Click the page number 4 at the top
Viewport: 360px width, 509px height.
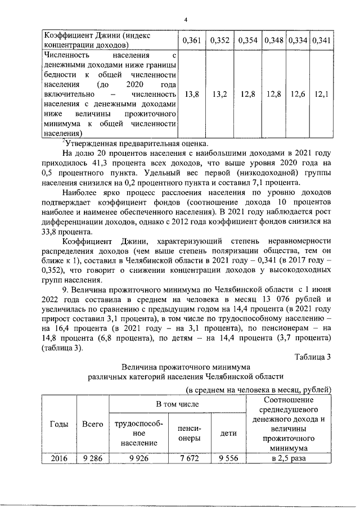tap(185, 20)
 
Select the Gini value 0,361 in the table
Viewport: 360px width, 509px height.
tap(192, 40)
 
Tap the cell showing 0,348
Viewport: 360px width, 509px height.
tap(274, 40)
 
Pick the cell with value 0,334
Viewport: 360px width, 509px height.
tap(298, 40)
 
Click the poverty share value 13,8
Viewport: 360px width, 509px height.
tap(192, 94)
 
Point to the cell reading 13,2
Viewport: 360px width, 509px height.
tap(219, 94)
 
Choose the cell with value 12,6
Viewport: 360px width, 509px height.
tap(298, 94)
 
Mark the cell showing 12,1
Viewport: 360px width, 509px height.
tap(321, 94)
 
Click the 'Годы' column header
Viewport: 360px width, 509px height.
tap(60, 424)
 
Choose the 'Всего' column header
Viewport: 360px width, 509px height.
tap(92, 424)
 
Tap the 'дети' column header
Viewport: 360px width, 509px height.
tap(228, 434)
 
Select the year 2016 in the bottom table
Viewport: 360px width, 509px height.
tap(59, 458)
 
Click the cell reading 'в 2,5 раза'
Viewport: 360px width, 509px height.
tap(287, 458)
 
